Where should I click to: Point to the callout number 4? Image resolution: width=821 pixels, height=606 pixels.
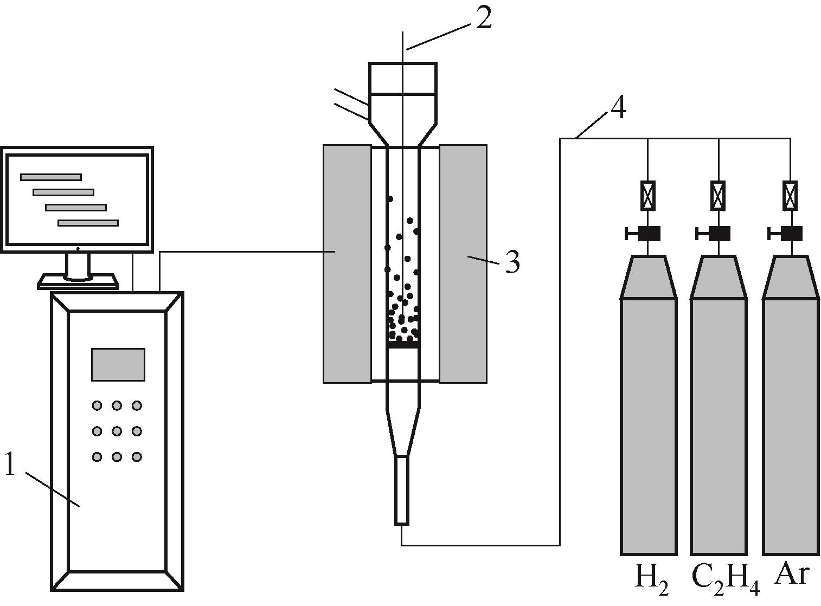618,108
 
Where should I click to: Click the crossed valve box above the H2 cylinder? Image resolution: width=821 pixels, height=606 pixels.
648,195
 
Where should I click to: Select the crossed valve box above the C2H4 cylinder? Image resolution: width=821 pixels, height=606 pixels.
718,195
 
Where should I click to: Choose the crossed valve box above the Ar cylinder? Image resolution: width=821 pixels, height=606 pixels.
790,195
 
